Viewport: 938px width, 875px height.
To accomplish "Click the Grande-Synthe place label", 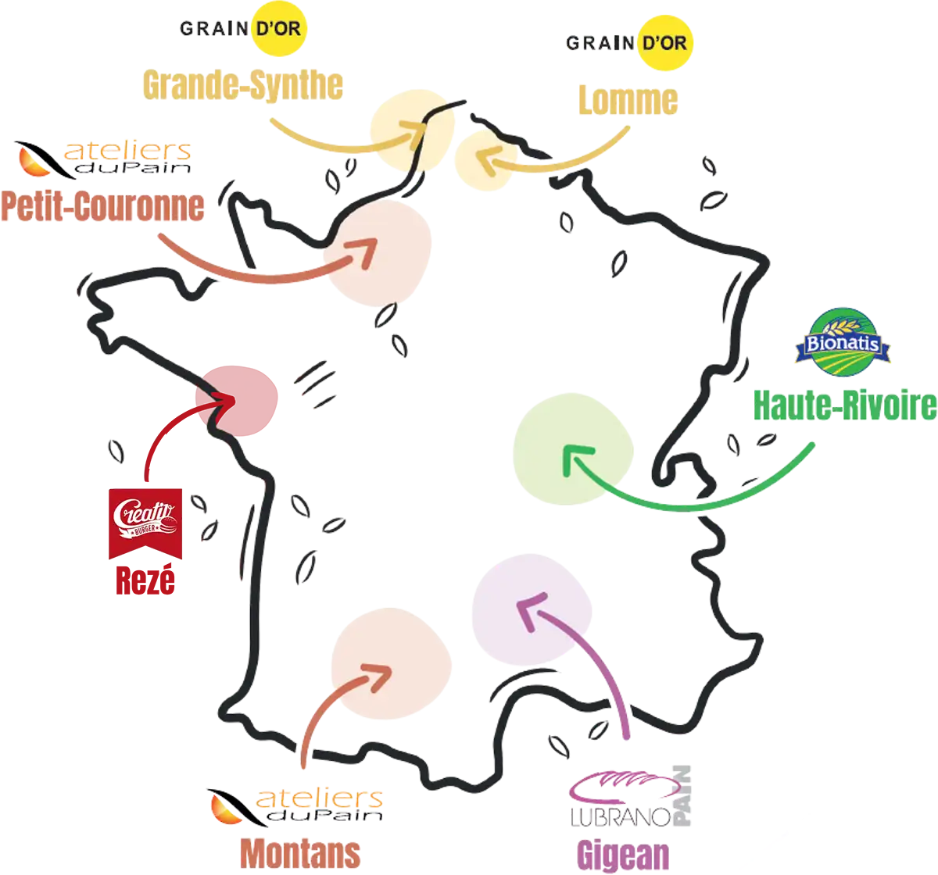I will [x=242, y=85].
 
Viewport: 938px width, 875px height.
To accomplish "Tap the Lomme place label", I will [x=626, y=101].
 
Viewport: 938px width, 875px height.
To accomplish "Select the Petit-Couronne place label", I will [x=102, y=206].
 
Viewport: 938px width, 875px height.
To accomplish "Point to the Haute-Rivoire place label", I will [x=843, y=405].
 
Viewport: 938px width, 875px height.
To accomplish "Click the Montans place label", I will [x=299, y=853].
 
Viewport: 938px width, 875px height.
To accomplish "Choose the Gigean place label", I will [x=623, y=855].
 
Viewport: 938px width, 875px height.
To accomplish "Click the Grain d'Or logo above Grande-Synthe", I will [x=241, y=29].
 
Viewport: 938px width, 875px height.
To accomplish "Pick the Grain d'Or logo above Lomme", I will [x=628, y=43].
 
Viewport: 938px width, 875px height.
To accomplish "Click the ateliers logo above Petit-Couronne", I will [x=102, y=157].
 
